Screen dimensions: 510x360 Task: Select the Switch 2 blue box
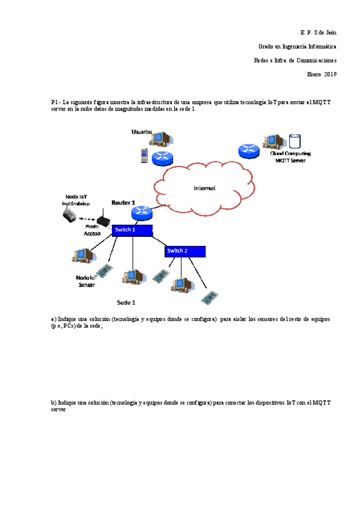[185, 251]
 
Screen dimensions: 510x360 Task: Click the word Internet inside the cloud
[204, 188]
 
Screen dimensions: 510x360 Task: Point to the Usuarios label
[142, 132]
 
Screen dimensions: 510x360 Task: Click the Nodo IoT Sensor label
[86, 281]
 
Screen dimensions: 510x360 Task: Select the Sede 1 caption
[126, 302]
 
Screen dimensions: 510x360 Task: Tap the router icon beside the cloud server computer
[248, 150]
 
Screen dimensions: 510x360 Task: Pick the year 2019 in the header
[330, 75]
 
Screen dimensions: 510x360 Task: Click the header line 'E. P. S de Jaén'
[318, 31]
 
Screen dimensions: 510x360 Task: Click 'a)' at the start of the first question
[53, 319]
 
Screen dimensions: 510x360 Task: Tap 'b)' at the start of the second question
[53, 402]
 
